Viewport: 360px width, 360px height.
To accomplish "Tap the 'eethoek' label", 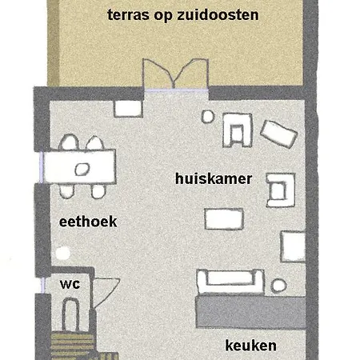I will click(x=89, y=222).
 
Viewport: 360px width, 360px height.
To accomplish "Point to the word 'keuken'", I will click(x=250, y=346).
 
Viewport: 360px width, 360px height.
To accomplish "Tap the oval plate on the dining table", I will click(x=81, y=169).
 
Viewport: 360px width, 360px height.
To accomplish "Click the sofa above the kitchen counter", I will click(x=230, y=280).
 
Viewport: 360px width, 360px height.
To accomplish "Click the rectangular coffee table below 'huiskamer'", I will click(x=223, y=218).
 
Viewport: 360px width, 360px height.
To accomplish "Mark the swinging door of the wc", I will click(x=106, y=292).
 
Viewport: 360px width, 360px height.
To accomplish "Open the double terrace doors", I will click(x=166, y=78).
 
